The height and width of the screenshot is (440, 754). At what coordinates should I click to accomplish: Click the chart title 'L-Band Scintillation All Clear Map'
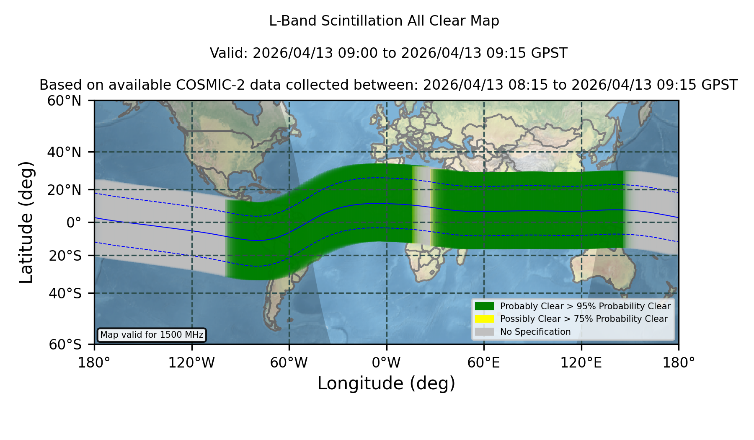[384, 21]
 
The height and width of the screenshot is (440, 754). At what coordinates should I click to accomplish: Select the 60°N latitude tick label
[64, 101]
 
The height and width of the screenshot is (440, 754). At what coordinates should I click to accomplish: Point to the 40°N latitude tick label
[64, 152]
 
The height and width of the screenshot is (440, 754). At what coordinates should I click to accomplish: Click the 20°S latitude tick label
[65, 256]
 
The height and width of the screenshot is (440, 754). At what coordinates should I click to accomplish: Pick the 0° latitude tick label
[74, 223]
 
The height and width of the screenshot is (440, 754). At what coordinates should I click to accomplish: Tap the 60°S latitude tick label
[65, 344]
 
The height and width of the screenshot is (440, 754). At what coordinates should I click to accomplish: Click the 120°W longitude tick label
[191, 363]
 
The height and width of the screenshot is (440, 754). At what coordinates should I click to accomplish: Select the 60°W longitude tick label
[289, 363]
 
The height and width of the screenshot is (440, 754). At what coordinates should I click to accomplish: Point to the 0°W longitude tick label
[387, 363]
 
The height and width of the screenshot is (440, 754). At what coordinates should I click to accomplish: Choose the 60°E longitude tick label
[484, 363]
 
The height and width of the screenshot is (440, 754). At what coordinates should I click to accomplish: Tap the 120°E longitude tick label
[581, 363]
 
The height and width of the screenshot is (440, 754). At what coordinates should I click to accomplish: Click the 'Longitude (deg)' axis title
[386, 383]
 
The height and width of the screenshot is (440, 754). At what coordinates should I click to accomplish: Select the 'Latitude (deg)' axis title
[26, 222]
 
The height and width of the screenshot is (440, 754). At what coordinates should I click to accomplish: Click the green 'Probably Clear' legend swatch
[484, 306]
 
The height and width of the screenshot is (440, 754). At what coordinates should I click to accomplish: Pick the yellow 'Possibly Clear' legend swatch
[484, 319]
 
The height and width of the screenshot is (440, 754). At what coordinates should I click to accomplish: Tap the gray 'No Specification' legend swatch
[484, 332]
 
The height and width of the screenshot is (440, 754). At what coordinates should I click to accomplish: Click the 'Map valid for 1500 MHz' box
[152, 335]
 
